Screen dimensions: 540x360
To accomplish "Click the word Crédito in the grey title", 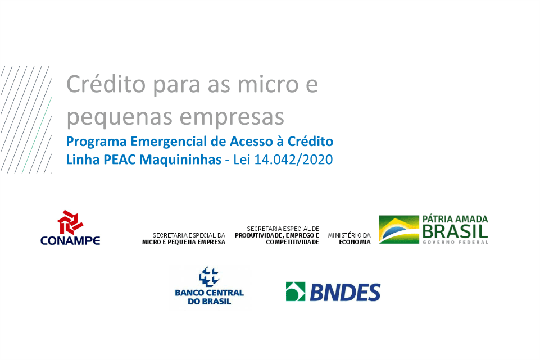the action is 106,84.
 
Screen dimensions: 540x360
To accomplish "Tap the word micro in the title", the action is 268,84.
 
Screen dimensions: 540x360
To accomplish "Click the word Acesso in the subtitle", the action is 251,142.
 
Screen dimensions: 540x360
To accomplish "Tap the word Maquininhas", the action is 180,160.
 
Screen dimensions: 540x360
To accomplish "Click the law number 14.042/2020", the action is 293,160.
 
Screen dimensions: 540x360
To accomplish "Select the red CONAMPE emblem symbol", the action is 70,222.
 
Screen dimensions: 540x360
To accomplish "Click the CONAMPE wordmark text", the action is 70,240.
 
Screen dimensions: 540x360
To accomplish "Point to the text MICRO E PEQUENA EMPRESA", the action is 184,242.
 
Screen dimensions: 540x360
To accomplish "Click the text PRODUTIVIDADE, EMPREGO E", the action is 277,235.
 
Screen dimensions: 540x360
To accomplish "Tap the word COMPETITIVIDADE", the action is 292,242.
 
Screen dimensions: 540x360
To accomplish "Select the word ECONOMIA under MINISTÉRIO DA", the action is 355,242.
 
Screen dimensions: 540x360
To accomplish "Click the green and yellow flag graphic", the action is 399,229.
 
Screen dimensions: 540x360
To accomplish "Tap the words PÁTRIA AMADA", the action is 455,219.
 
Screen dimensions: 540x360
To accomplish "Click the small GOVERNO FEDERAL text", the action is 455,242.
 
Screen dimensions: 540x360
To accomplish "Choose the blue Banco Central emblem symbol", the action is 209,276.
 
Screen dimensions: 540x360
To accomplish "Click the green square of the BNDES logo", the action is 296,291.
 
